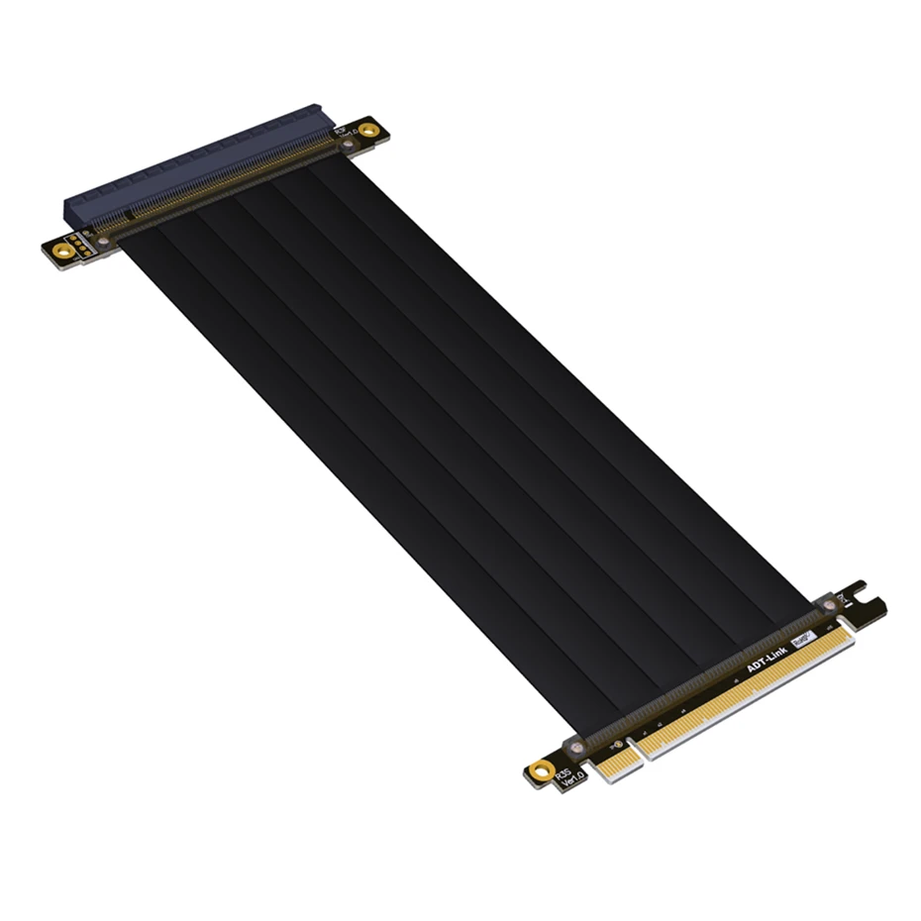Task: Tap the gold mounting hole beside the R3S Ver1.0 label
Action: click(541, 769)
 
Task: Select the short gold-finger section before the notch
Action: click(615, 764)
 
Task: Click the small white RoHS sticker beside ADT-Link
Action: click(803, 638)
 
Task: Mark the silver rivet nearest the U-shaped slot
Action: click(829, 604)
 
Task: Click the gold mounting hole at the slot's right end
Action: click(368, 130)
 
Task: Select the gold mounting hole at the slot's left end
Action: click(63, 252)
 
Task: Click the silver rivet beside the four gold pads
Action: click(103, 241)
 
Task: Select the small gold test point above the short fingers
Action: click(619, 744)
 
